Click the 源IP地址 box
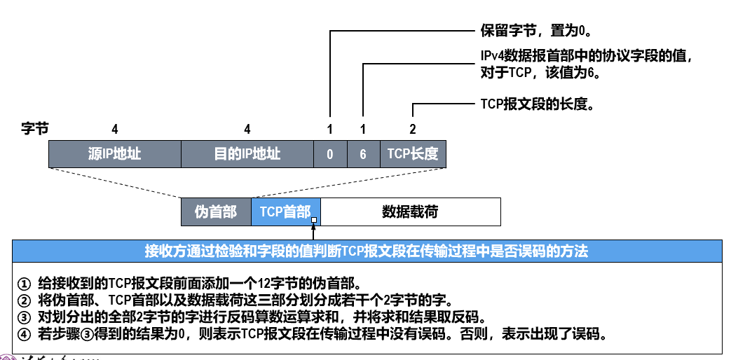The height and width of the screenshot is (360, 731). coord(114,153)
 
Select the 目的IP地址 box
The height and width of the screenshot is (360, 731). coord(247,153)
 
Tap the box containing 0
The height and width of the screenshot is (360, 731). coord(329,154)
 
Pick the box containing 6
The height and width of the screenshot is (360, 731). coord(363,154)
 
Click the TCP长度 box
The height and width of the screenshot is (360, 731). coord(413,154)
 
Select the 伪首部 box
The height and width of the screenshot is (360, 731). coord(216,212)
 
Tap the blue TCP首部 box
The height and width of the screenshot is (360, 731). coord(285,212)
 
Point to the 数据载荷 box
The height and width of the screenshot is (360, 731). coord(410,212)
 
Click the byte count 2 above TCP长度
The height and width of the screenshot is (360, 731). coord(413,129)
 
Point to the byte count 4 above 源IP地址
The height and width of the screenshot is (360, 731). coord(114,129)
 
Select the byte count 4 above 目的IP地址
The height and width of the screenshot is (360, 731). coord(247,129)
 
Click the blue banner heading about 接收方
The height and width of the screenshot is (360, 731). coord(366,251)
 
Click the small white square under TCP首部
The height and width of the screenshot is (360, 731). coord(314,220)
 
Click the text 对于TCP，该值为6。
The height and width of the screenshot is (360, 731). coord(542,72)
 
